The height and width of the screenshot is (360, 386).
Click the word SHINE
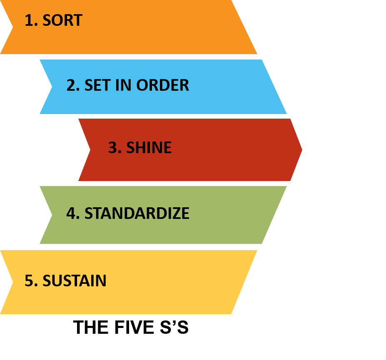pyautogui.click(x=149, y=148)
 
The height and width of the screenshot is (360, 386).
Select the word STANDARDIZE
pyautogui.click(x=137, y=214)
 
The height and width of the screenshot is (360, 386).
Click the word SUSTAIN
pyautogui.click(x=75, y=281)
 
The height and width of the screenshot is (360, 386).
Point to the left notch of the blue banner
pyautogui.click(x=51, y=87)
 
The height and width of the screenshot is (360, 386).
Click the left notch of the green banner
pyautogui.click(x=51, y=215)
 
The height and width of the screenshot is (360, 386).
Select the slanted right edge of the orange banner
pyautogui.click(x=244, y=27)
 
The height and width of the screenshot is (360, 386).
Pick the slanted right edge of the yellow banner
pyautogui.click(x=244, y=282)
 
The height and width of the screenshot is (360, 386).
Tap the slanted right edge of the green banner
pyautogui.click(x=274, y=215)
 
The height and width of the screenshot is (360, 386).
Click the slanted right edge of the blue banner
pyautogui.click(x=274, y=87)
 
